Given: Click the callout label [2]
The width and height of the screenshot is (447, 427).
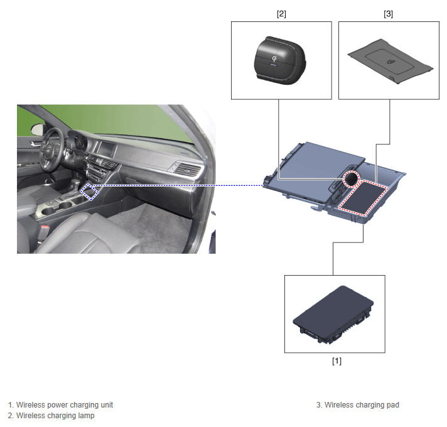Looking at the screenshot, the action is pos(281,14).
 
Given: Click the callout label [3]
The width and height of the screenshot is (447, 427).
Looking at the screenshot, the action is pos(388,14).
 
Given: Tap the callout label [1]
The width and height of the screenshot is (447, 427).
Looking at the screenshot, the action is pos(337,361).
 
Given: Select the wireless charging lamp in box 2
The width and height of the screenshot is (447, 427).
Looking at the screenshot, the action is pos(280,60).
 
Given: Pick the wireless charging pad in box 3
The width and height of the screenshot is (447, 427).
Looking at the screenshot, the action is pos(390,61).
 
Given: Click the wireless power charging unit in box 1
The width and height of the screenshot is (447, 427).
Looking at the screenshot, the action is pos(333,315).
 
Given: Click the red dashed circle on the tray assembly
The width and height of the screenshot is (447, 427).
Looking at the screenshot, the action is pos(351,178).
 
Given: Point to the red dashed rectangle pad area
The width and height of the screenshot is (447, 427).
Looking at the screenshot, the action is pos(364,198).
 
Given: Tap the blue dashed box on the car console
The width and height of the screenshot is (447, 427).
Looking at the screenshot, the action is pos(90,192).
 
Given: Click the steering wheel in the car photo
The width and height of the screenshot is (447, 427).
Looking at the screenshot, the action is pos(51,149).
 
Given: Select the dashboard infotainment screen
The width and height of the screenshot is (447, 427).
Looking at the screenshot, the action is pos(106,149).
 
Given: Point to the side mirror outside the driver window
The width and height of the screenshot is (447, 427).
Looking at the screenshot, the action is pos(37,130).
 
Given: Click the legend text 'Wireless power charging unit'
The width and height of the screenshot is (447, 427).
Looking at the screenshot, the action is pos(65,405).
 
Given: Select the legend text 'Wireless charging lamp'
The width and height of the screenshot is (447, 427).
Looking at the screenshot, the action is pos(55,416).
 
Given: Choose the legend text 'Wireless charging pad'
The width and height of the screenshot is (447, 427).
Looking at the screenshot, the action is pos(362,405).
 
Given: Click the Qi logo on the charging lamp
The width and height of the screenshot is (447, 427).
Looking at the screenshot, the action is pos(274,59).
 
